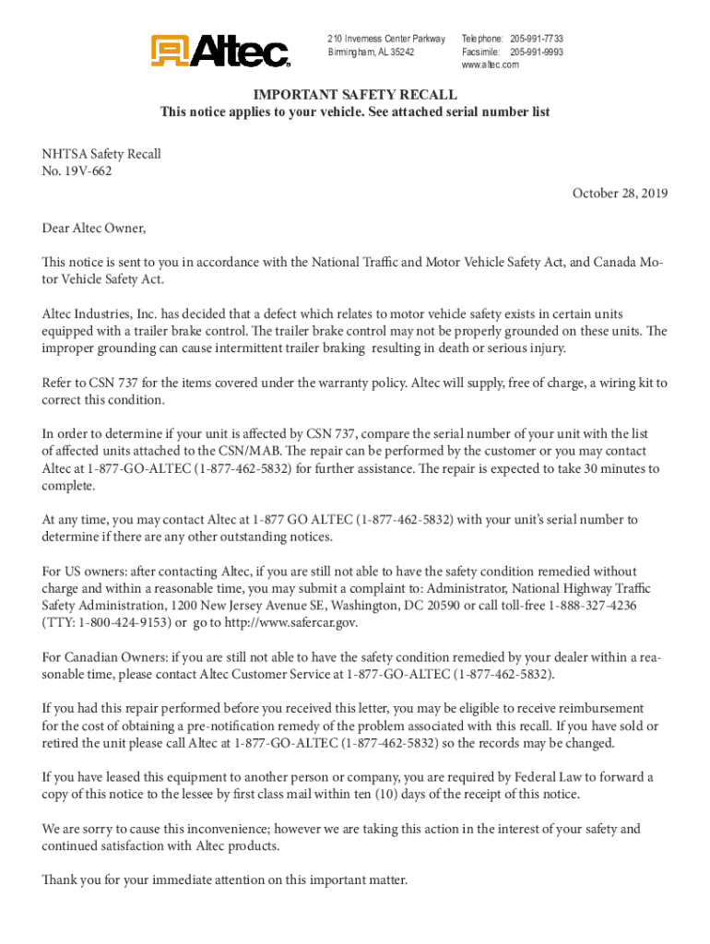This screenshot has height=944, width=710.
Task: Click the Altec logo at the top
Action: (221, 51)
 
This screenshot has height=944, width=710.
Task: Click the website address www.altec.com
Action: (491, 65)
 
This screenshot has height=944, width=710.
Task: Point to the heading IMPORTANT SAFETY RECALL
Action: (355, 94)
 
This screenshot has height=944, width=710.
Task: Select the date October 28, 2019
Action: (620, 193)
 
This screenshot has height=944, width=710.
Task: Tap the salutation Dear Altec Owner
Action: (93, 228)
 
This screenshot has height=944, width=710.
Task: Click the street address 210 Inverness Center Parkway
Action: (386, 39)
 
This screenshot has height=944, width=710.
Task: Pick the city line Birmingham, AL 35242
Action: (371, 52)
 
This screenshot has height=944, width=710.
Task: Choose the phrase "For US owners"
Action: (80, 572)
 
